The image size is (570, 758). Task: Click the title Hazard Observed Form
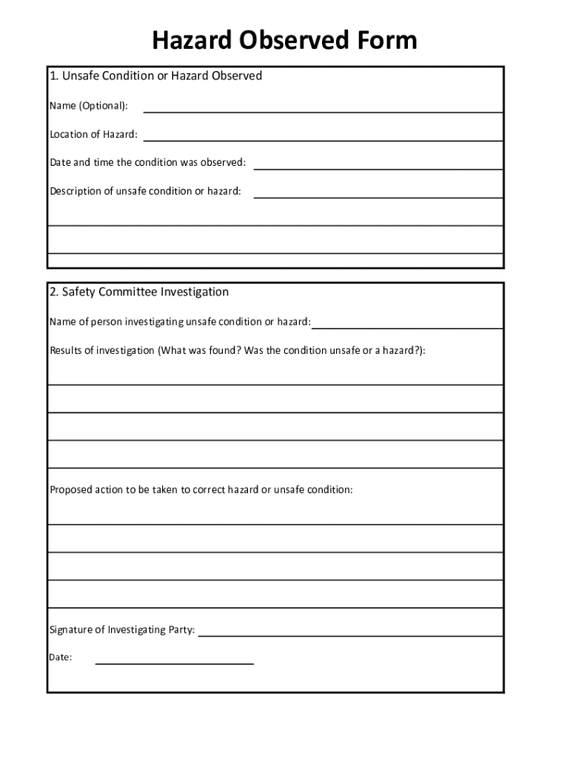[x=284, y=40]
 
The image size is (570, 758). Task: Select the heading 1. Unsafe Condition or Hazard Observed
[x=155, y=76]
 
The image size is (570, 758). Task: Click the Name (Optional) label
[x=88, y=106]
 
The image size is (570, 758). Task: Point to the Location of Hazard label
[x=93, y=135]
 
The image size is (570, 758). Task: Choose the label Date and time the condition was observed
[x=147, y=163]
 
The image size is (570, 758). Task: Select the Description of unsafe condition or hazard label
[x=145, y=192]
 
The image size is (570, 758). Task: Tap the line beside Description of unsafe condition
[x=378, y=195]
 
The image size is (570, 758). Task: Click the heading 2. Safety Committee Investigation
[x=139, y=292]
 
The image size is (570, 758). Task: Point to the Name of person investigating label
[x=180, y=322]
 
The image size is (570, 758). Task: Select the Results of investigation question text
[x=237, y=351]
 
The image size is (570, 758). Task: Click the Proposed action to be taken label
[x=201, y=490]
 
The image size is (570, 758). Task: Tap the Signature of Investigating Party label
[x=122, y=631]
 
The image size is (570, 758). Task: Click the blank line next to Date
[x=175, y=662]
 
